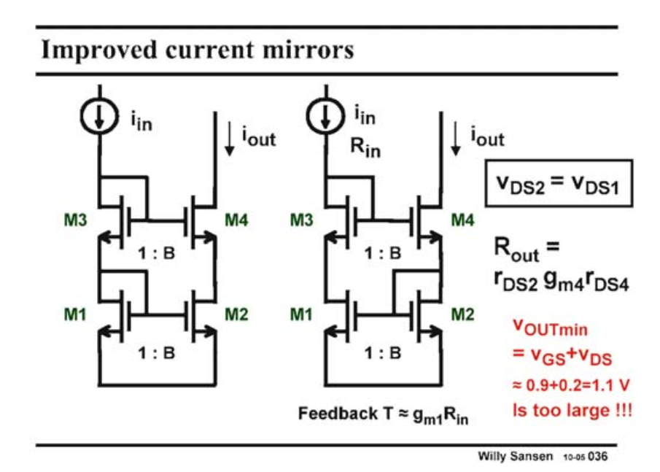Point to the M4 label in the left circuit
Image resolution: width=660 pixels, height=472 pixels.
pyautogui.click(x=237, y=219)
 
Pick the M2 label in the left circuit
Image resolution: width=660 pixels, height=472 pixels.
pyautogui.click(x=237, y=314)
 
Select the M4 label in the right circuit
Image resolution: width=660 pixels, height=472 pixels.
pyautogui.click(x=460, y=219)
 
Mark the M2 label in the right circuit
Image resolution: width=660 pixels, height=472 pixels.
pyautogui.click(x=460, y=314)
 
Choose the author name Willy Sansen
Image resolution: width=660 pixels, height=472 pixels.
pyautogui.click(x=516, y=457)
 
